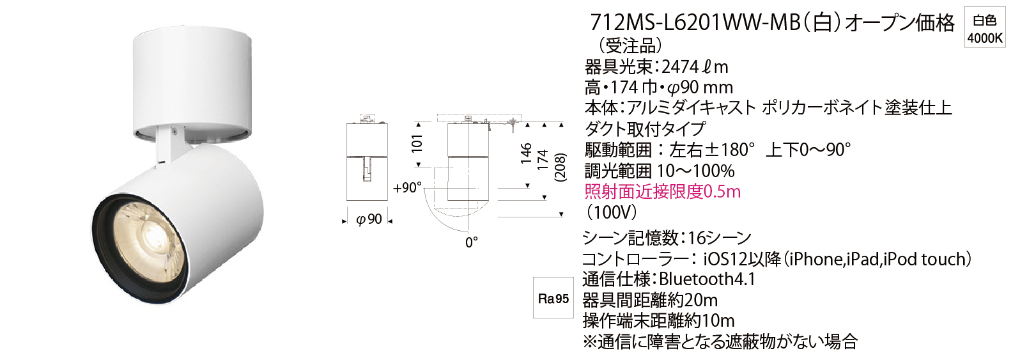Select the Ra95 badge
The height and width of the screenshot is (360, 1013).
tap(553, 298)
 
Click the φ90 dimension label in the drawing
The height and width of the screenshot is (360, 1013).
tap(369, 219)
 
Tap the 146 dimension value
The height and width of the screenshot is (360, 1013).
tap(526, 153)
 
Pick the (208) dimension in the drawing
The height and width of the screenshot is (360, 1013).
tap(561, 168)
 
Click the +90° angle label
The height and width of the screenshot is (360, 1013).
tap(407, 187)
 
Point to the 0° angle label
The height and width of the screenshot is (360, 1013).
tap(472, 242)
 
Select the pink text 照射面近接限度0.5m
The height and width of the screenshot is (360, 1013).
tap(663, 192)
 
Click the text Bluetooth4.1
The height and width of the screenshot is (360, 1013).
tap(708, 279)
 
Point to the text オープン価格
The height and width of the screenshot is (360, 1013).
tap(894, 22)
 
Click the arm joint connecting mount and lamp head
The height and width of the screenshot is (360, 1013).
tap(171, 143)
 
